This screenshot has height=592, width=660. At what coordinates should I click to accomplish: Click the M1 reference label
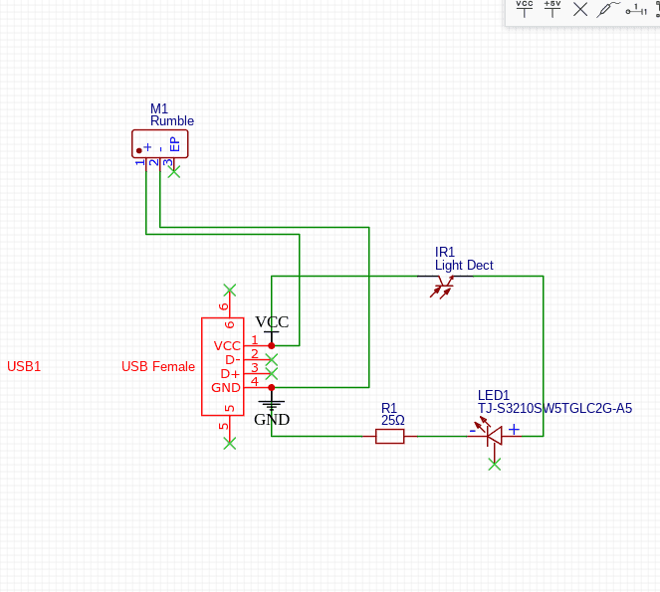[x=159, y=108]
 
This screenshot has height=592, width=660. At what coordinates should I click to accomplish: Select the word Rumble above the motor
[x=172, y=121]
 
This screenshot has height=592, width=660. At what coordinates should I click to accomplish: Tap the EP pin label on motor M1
[x=175, y=144]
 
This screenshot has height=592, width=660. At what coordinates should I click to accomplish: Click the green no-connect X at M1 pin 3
[x=174, y=171]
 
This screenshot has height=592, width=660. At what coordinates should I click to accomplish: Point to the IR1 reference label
[x=445, y=253]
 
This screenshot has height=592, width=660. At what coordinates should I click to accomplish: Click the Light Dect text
[x=464, y=266]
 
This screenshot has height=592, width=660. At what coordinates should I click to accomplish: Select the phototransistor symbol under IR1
[x=442, y=288]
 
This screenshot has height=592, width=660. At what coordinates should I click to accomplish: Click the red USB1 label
[x=24, y=366]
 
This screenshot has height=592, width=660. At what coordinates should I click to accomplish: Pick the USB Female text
[x=158, y=366]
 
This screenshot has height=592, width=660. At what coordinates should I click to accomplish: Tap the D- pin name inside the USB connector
[x=231, y=359]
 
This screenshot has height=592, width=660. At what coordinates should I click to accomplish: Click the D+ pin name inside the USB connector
[x=230, y=373]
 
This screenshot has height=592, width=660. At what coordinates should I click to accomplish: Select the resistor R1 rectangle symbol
[x=389, y=436]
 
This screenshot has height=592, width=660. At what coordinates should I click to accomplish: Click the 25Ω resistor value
[x=392, y=420]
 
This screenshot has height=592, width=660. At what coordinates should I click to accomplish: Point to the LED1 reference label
[x=494, y=395]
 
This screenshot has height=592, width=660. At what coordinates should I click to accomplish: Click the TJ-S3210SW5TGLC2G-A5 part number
[x=554, y=408]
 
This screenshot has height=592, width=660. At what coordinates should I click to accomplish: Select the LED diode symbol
[x=492, y=434]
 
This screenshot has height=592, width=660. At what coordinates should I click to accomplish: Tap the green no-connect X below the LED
[x=494, y=464]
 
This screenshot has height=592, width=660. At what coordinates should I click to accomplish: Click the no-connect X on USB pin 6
[x=230, y=290]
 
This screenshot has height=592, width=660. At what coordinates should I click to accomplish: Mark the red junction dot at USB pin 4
[x=272, y=387]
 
